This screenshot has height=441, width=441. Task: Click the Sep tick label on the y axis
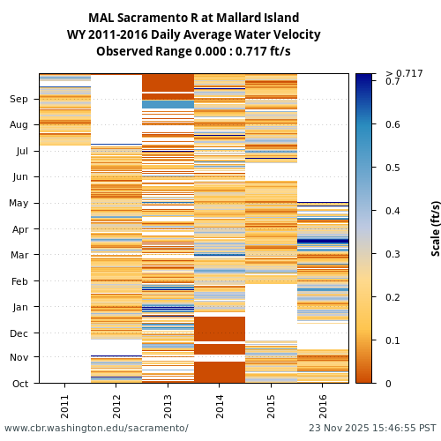point(19,100)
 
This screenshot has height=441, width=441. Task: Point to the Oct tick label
point(19,384)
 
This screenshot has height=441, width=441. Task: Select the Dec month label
point(19,333)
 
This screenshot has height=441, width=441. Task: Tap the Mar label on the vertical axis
point(19,255)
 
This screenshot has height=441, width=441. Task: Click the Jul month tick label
point(21,151)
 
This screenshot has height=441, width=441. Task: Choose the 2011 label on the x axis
point(65,406)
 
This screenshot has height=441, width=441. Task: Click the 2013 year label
point(168,406)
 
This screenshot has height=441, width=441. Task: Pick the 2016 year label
point(323,406)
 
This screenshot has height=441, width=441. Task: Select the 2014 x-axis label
point(220,406)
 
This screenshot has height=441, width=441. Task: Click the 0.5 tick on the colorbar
point(392,168)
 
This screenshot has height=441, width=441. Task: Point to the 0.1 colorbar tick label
point(392,340)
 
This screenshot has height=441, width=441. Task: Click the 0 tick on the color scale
point(388,384)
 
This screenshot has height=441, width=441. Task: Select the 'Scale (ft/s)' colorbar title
point(436,228)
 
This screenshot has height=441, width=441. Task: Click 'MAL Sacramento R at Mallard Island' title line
point(193,18)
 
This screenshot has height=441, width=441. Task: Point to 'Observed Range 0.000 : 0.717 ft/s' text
point(193,51)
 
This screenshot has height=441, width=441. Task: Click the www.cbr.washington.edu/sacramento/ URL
point(96,429)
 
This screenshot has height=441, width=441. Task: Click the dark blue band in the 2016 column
point(323,241)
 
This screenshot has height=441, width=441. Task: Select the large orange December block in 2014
point(220,328)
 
